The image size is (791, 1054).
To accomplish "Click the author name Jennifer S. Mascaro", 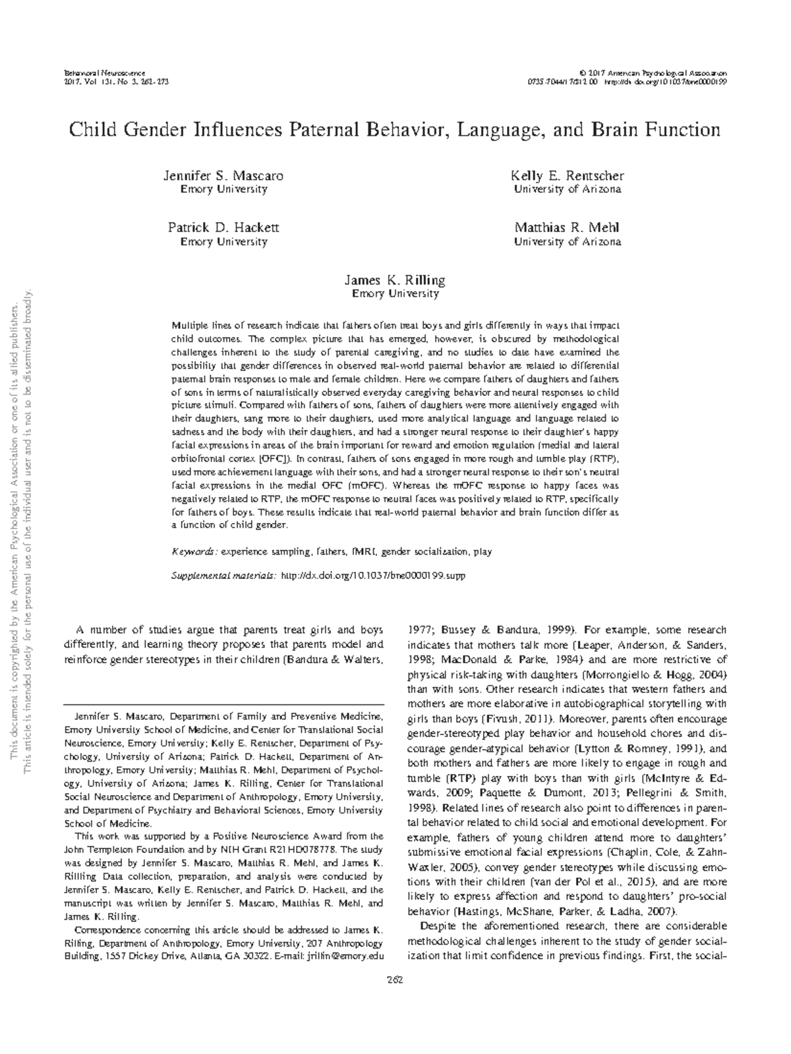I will pyautogui.click(x=223, y=176).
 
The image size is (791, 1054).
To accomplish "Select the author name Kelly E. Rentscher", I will pyautogui.click(x=567, y=176).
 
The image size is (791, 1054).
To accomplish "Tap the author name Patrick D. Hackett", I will pyautogui.click(x=223, y=228).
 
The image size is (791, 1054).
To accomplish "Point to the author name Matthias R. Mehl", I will pyautogui.click(x=567, y=228).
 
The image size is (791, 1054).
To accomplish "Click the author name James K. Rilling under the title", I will pyautogui.click(x=395, y=280).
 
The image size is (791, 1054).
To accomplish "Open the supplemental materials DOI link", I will pyautogui.click(x=373, y=576).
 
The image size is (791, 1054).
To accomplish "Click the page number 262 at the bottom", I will pyautogui.click(x=395, y=979).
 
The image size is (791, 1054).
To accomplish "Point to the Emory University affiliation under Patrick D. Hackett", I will pyautogui.click(x=223, y=242).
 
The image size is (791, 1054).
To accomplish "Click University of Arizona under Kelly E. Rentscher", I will pyautogui.click(x=567, y=190).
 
